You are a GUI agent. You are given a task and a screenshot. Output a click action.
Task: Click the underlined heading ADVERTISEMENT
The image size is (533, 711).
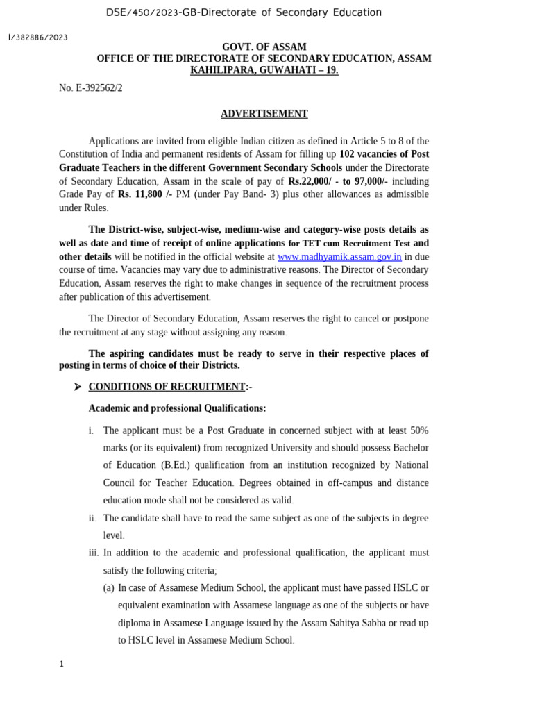(264, 114)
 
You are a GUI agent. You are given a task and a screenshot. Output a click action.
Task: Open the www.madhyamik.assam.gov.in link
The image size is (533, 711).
(339, 257)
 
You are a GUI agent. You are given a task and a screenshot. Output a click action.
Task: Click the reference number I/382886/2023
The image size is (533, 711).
(37, 37)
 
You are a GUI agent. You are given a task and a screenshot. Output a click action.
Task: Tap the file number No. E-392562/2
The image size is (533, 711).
(90, 88)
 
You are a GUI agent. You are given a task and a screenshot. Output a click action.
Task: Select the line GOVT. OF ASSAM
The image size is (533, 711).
(264, 47)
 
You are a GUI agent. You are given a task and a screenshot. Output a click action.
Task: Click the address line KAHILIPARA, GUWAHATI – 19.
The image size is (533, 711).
(264, 70)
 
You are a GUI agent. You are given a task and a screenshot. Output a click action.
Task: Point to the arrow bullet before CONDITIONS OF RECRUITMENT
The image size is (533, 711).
(78, 387)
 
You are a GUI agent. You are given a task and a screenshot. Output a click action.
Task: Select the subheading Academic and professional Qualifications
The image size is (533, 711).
(177, 408)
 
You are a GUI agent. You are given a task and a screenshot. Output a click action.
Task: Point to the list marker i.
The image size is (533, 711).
(91, 430)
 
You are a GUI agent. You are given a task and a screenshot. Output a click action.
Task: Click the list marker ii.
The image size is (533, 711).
(92, 518)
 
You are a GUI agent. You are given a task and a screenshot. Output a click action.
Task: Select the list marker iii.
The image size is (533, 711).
(94, 553)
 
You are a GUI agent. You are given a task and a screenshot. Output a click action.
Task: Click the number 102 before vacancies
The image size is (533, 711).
(347, 153)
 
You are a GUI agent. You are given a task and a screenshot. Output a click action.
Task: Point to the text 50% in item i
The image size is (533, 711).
(418, 430)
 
